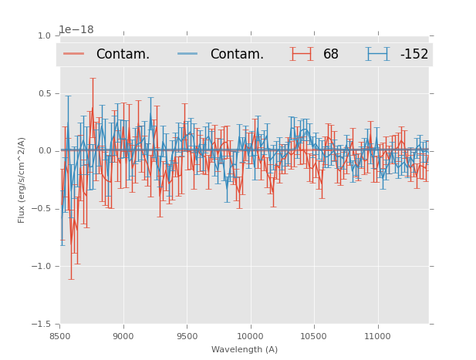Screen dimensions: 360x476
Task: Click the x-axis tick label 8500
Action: [x=60, y=336]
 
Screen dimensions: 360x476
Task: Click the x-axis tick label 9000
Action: [x=123, y=336]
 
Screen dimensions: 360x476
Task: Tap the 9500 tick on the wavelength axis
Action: [x=187, y=336]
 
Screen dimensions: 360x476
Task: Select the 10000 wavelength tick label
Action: [x=250, y=336]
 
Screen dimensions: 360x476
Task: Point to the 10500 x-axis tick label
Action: [x=314, y=336]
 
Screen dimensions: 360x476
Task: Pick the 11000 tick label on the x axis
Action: [x=377, y=336]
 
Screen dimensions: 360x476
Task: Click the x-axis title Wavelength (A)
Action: [x=245, y=349]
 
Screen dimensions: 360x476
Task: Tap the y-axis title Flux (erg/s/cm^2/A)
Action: [x=22, y=180]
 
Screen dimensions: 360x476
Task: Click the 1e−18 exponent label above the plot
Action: [x=76, y=30]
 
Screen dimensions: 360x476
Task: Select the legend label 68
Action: [x=331, y=54]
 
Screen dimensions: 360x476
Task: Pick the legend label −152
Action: [x=414, y=54]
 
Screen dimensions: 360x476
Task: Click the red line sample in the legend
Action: [x=74, y=54]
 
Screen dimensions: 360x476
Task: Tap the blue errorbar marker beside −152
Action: [x=377, y=54]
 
